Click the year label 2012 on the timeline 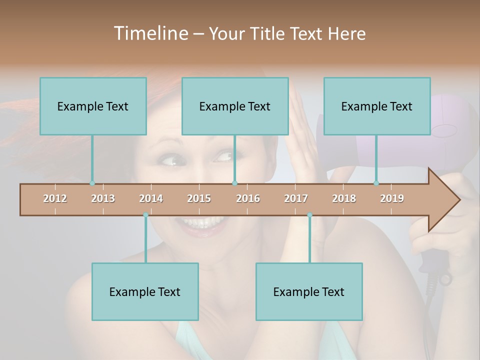click(55, 198)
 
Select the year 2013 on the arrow click(103, 198)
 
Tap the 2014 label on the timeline click(151, 198)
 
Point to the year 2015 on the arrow click(199, 198)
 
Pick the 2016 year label click(248, 198)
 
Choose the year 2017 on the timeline click(296, 198)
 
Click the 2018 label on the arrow click(344, 198)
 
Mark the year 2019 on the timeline click(392, 198)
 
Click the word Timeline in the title click(150, 33)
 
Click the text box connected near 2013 click(93, 106)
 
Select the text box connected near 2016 click(235, 106)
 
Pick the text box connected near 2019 click(377, 106)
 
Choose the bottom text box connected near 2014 click(145, 291)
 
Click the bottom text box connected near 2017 click(309, 291)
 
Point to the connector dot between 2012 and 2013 click(92, 183)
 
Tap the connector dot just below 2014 click(145, 214)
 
